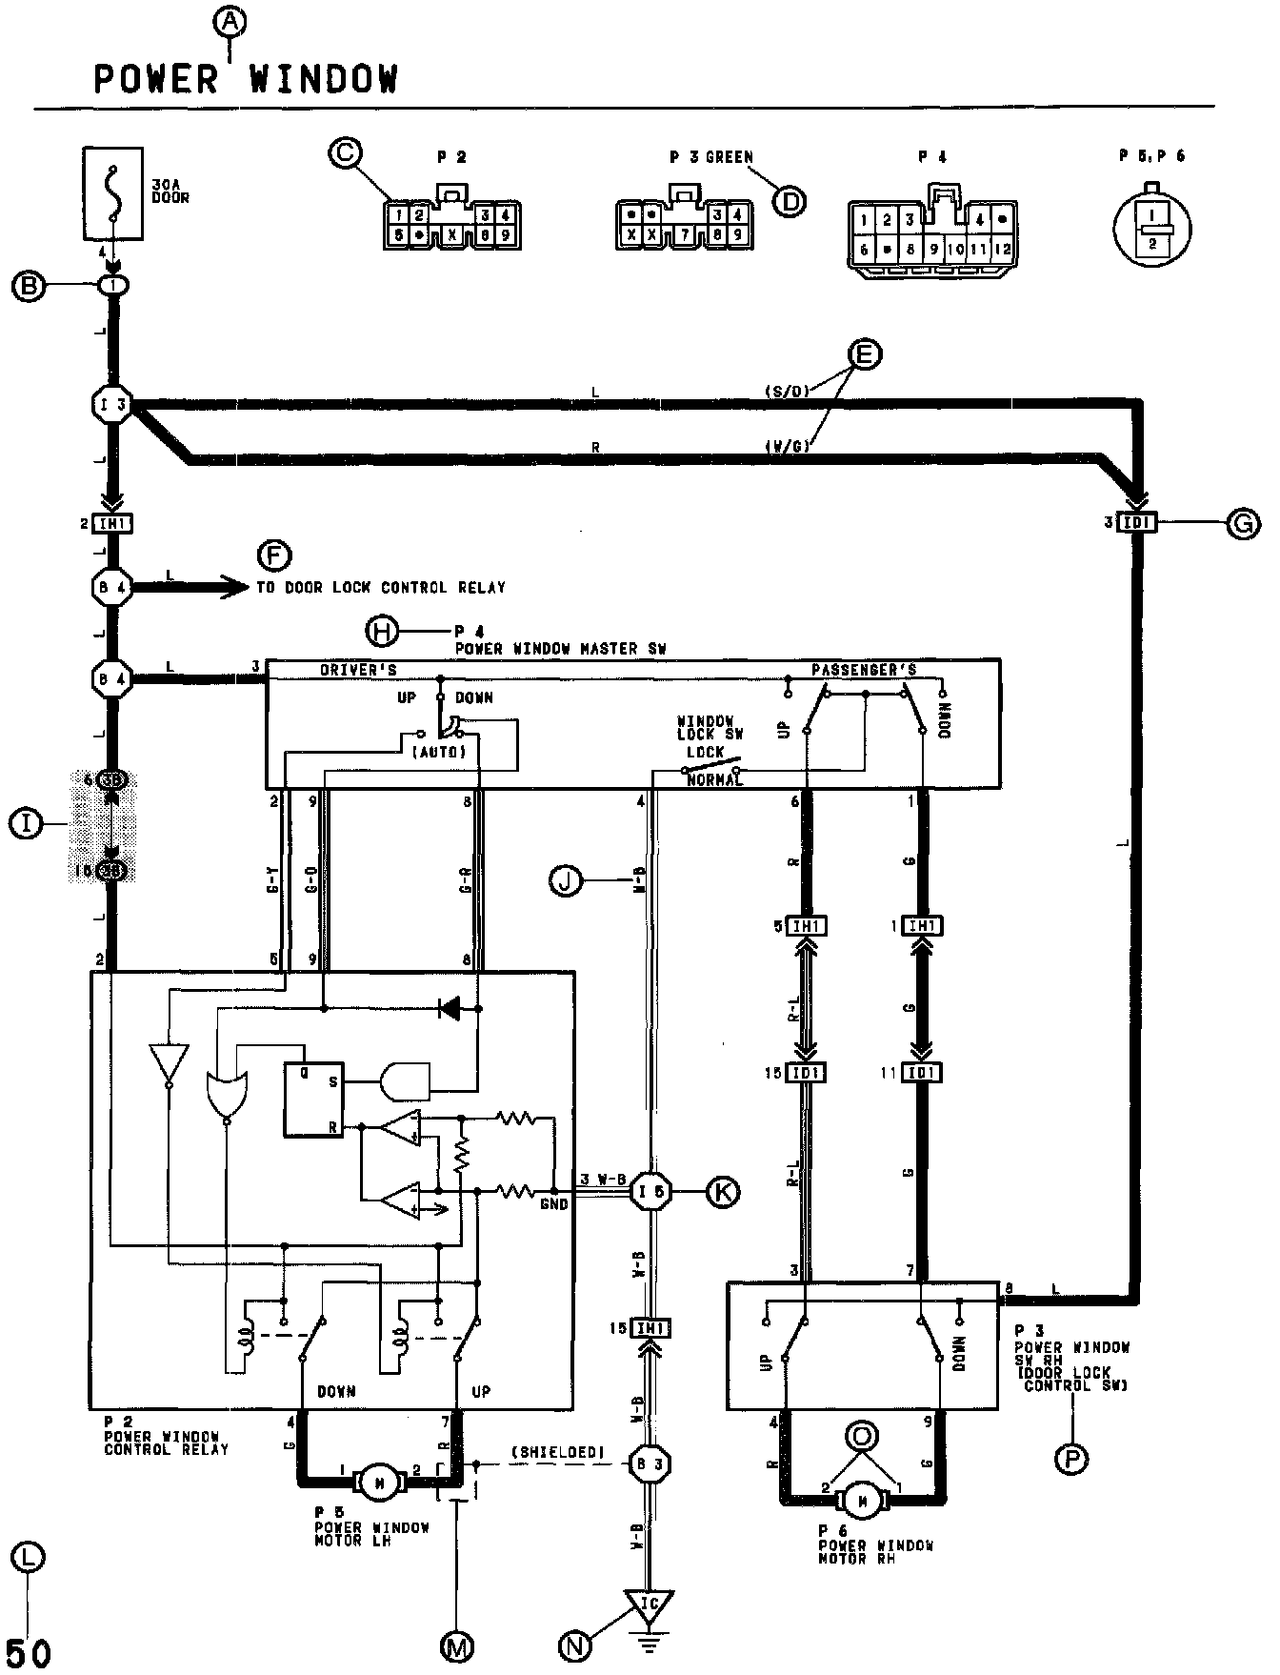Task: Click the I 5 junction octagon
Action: click(651, 1191)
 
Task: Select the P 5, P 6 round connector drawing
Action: click(1153, 229)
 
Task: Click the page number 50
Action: click(30, 1652)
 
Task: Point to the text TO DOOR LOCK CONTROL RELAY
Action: click(381, 587)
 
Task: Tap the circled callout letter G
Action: click(1243, 523)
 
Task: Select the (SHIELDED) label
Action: click(558, 1451)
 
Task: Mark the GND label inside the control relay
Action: click(553, 1204)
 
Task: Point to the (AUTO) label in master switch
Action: click(439, 752)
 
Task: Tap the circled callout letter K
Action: click(722, 1191)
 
